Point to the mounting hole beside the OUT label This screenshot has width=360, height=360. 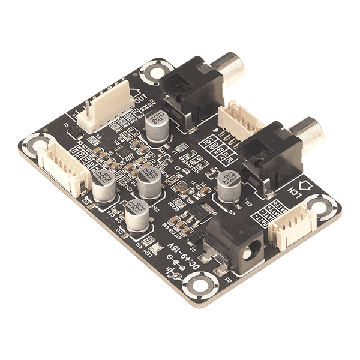point(153,73)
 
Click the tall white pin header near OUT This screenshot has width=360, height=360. point(108,108)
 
